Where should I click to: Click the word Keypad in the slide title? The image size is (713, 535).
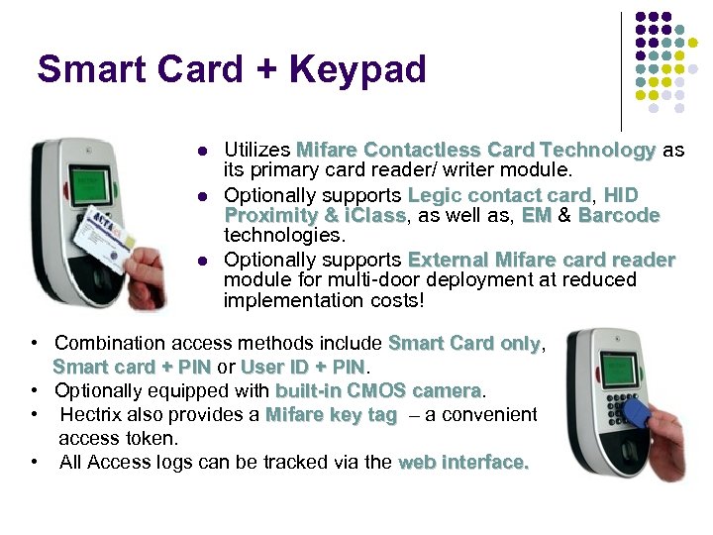coord(357,69)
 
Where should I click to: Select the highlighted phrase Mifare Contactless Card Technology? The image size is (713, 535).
coord(475,151)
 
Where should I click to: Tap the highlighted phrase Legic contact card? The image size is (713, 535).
coord(499,195)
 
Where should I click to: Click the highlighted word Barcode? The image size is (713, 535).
coord(619,215)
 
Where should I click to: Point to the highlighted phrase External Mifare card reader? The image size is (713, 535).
coord(541,260)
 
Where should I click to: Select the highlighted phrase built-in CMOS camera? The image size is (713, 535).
coord(377,390)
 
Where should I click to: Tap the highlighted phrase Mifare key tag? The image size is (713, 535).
coord(331,415)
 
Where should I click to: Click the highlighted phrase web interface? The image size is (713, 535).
coord(463,463)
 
